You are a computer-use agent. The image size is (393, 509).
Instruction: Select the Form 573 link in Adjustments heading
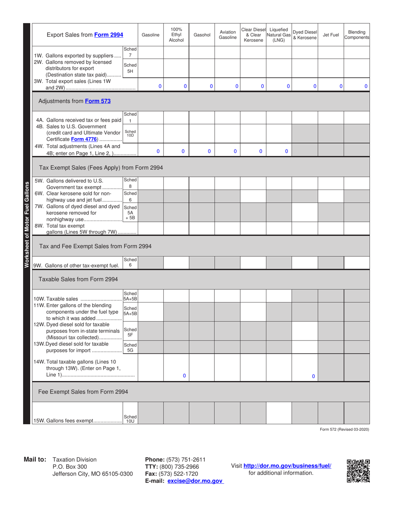click(x=98, y=101)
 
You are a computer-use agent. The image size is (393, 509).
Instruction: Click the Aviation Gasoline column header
click(x=227, y=35)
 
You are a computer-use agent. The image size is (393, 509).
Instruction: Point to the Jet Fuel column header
click(x=331, y=35)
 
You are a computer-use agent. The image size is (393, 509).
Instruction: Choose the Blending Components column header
click(x=357, y=35)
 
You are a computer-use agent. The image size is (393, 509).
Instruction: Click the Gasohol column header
click(x=202, y=35)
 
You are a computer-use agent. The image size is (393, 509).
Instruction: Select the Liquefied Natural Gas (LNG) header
click(x=278, y=35)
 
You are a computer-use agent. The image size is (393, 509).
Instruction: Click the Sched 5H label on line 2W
click(x=130, y=68)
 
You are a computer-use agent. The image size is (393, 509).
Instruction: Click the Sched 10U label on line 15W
click(x=130, y=419)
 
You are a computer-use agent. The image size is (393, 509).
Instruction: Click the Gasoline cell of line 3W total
click(x=151, y=86)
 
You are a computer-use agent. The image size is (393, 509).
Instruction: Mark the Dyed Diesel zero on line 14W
click(x=313, y=376)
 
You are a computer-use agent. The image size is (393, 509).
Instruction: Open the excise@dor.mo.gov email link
click(x=195, y=481)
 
